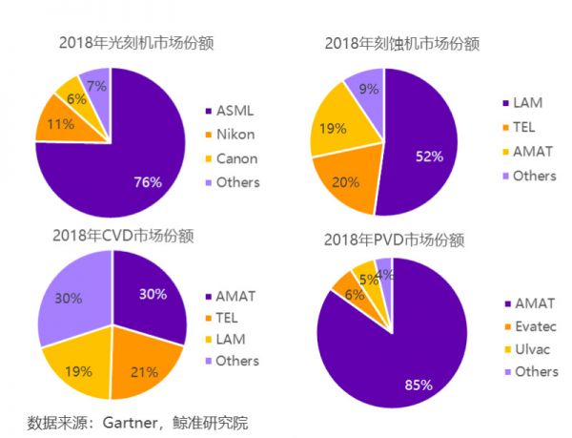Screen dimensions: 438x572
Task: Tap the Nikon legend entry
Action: [x=237, y=135]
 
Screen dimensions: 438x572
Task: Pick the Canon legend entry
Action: [x=238, y=158]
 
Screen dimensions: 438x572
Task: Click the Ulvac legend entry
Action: [x=531, y=349]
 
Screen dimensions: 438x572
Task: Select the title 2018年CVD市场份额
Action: [x=113, y=236]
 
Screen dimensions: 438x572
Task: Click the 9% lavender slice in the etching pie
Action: [x=366, y=88]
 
